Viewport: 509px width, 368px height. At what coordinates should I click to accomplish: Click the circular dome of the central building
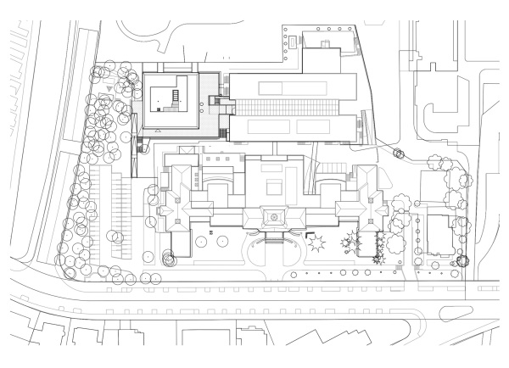coord(276,217)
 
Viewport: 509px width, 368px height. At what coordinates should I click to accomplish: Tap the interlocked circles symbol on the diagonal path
coord(398,153)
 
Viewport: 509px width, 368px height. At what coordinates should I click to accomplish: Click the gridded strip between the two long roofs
coord(288,108)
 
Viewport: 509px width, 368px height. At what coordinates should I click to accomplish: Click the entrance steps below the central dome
coord(276,238)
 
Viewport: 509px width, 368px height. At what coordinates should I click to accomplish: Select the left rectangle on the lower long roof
coord(260,128)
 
